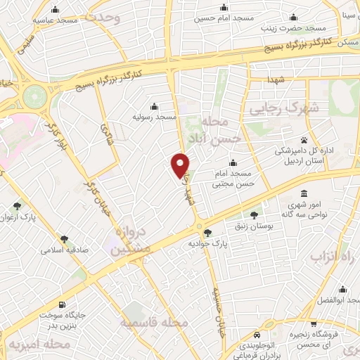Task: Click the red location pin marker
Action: (181, 165)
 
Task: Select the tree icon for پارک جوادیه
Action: (206, 233)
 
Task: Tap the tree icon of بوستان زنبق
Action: (254, 214)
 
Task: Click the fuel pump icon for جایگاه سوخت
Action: (63, 305)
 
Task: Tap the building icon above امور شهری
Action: (304, 193)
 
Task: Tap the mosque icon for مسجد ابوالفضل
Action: (342, 289)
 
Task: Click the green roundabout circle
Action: (34, 96)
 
